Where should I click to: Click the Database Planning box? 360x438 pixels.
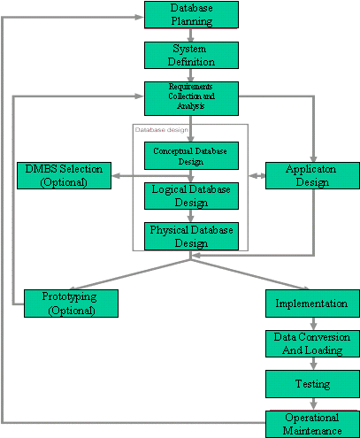coord(191,14)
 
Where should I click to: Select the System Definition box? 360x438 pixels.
coord(191,55)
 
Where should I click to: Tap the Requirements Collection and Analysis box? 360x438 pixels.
coord(191,96)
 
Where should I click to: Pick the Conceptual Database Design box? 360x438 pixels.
coord(191,156)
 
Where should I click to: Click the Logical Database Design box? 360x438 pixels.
coord(191,196)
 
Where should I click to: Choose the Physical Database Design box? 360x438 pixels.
coord(191,236)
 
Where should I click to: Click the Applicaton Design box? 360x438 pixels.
coord(313,175)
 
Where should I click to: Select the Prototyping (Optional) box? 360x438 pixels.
coord(71,304)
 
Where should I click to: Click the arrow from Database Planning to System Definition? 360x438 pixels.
coord(191,34)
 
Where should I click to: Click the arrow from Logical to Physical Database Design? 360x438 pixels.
coord(191,216)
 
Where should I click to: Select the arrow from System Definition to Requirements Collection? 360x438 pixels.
coord(191,75)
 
